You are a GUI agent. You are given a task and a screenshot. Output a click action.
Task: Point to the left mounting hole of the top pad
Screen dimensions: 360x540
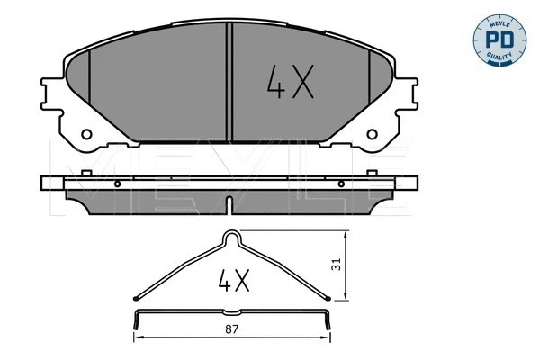86,136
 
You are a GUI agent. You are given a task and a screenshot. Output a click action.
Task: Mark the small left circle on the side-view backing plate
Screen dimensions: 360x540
118,183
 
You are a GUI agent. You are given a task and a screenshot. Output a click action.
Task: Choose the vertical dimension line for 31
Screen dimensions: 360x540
347,265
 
